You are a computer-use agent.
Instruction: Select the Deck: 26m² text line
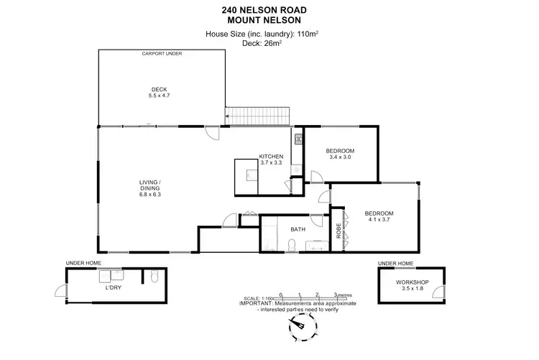(269, 42)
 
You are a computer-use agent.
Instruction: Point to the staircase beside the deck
(258, 116)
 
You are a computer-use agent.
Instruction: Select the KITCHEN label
(271, 157)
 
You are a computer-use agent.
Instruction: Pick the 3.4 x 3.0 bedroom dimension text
(340, 158)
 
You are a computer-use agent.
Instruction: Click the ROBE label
(338, 231)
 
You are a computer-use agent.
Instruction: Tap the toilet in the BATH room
(290, 246)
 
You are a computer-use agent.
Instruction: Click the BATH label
(298, 230)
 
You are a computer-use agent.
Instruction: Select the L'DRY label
(113, 287)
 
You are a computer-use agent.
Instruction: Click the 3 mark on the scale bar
(336, 295)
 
